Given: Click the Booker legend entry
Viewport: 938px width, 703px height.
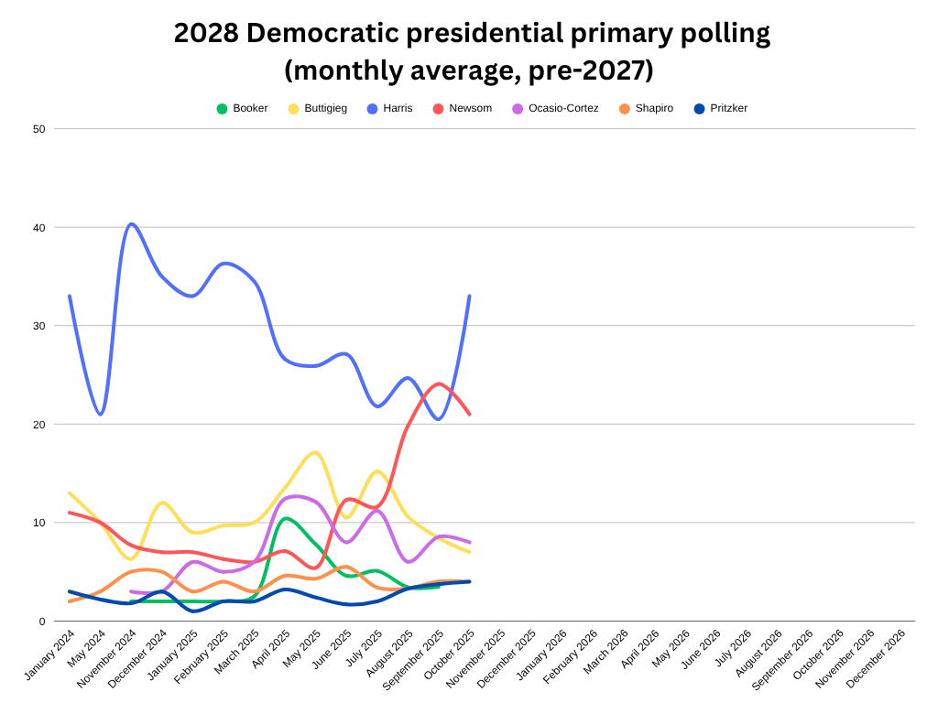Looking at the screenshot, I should click(x=242, y=108).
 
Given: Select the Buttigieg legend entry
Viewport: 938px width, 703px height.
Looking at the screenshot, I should click(x=317, y=108).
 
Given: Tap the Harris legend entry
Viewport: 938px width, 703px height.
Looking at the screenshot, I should click(x=388, y=108).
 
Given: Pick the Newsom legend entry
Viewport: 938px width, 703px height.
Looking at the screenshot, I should click(x=462, y=108).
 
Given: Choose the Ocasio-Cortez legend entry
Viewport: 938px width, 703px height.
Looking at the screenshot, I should click(x=555, y=108).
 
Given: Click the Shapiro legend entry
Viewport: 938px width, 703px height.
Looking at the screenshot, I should click(x=645, y=108).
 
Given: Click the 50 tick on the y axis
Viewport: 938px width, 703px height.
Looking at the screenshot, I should click(x=39, y=129).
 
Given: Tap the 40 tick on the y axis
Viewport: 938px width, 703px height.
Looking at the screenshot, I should click(x=39, y=227).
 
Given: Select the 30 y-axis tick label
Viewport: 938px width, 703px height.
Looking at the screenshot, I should click(x=39, y=326).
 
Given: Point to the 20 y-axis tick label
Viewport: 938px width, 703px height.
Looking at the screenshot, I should click(x=39, y=425).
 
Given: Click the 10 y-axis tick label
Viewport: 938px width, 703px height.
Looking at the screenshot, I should click(x=39, y=523).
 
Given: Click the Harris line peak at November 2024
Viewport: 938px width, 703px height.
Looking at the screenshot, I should click(x=131, y=223).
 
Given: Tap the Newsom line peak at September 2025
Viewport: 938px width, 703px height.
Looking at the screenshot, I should click(x=440, y=384).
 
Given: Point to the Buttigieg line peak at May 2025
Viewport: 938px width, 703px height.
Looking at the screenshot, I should click(x=315, y=452).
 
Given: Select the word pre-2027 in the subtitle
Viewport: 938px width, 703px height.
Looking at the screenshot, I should click(x=594, y=69).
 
